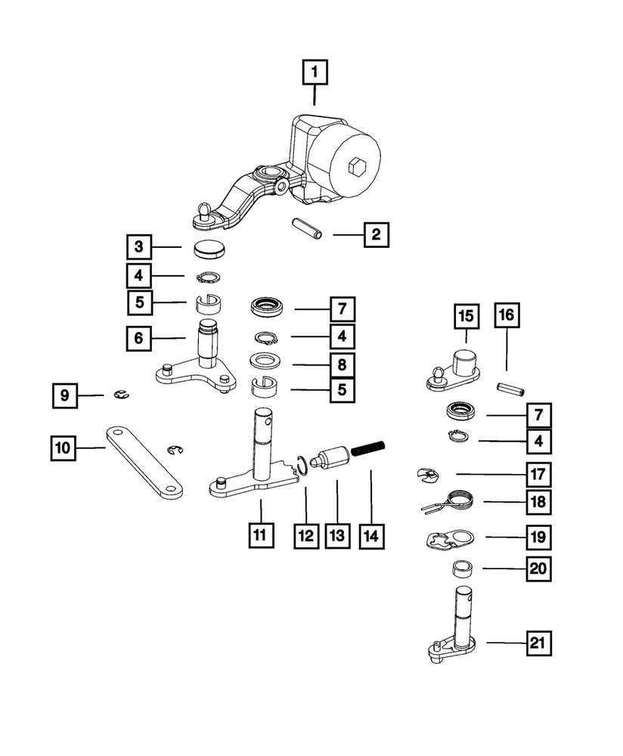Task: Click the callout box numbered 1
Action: (x=315, y=73)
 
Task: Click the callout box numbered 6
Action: (x=139, y=339)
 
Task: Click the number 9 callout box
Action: (x=65, y=395)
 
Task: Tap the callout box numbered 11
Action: (x=259, y=535)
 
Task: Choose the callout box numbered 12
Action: (x=305, y=535)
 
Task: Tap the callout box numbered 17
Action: (x=539, y=474)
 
